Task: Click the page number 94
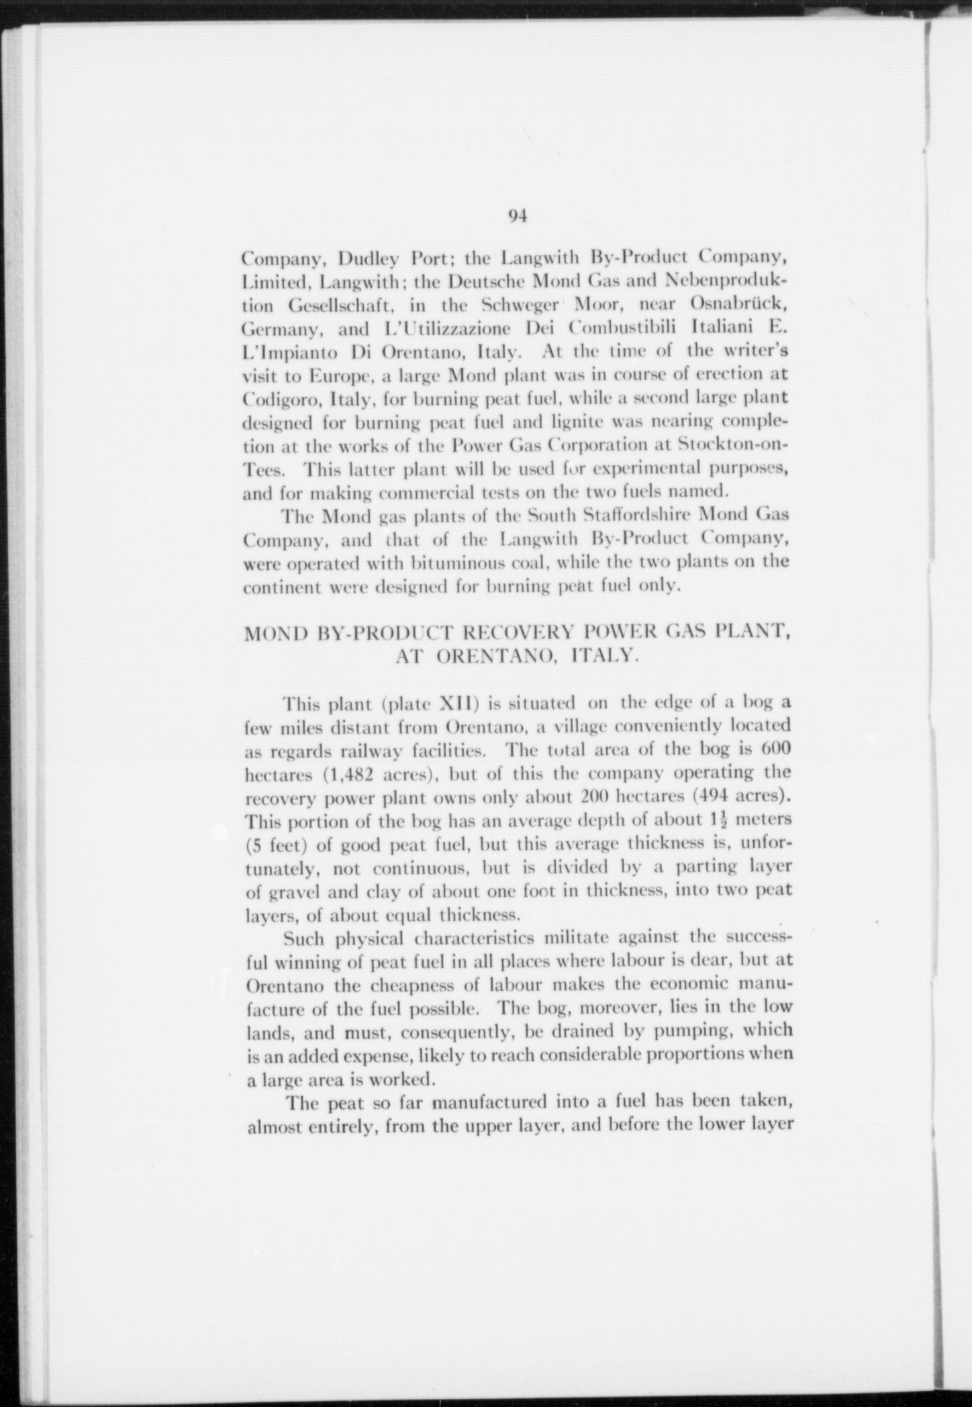pyautogui.click(x=518, y=216)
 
